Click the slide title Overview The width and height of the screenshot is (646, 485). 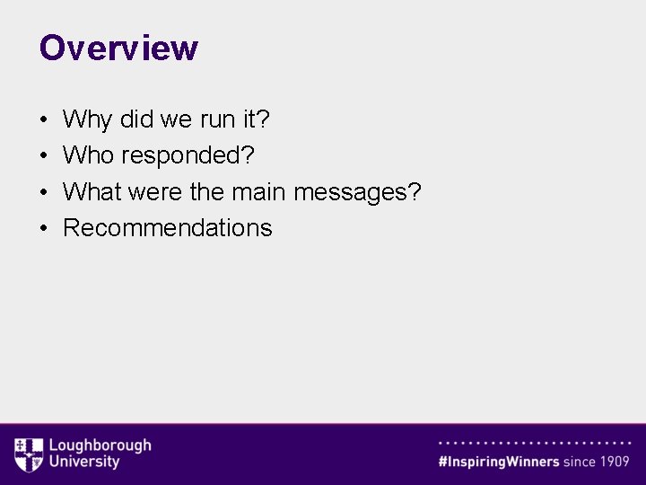coord(118,48)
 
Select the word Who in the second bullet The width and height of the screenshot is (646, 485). coord(89,155)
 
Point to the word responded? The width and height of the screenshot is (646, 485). coord(188,156)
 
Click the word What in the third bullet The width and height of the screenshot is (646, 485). coord(93,191)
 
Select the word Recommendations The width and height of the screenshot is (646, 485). coord(168,227)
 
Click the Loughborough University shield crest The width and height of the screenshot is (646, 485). coord(29,454)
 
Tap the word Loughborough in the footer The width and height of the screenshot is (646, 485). coord(100,445)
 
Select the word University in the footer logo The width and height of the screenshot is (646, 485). coord(83,462)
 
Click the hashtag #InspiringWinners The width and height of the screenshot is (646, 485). coord(499,462)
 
